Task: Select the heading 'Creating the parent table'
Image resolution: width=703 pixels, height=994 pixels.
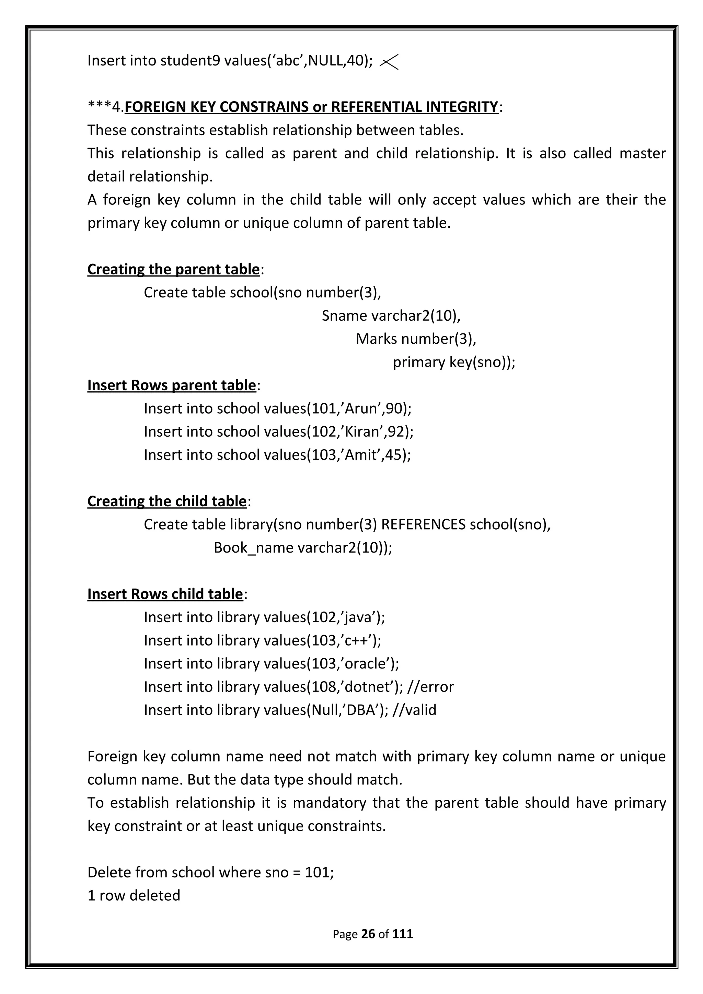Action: pyautogui.click(x=173, y=269)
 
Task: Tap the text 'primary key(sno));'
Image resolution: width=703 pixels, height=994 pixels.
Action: pyautogui.click(x=453, y=362)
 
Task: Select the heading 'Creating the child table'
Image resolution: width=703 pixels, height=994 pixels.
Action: pyautogui.click(x=167, y=501)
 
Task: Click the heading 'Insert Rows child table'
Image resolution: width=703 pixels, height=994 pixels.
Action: pyautogui.click(x=165, y=594)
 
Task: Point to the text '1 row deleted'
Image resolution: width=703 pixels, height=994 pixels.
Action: pyautogui.click(x=134, y=895)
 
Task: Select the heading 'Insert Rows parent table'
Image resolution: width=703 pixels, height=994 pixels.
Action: pyautogui.click(x=172, y=385)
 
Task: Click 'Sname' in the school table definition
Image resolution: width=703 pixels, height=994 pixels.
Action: pyautogui.click(x=344, y=316)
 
